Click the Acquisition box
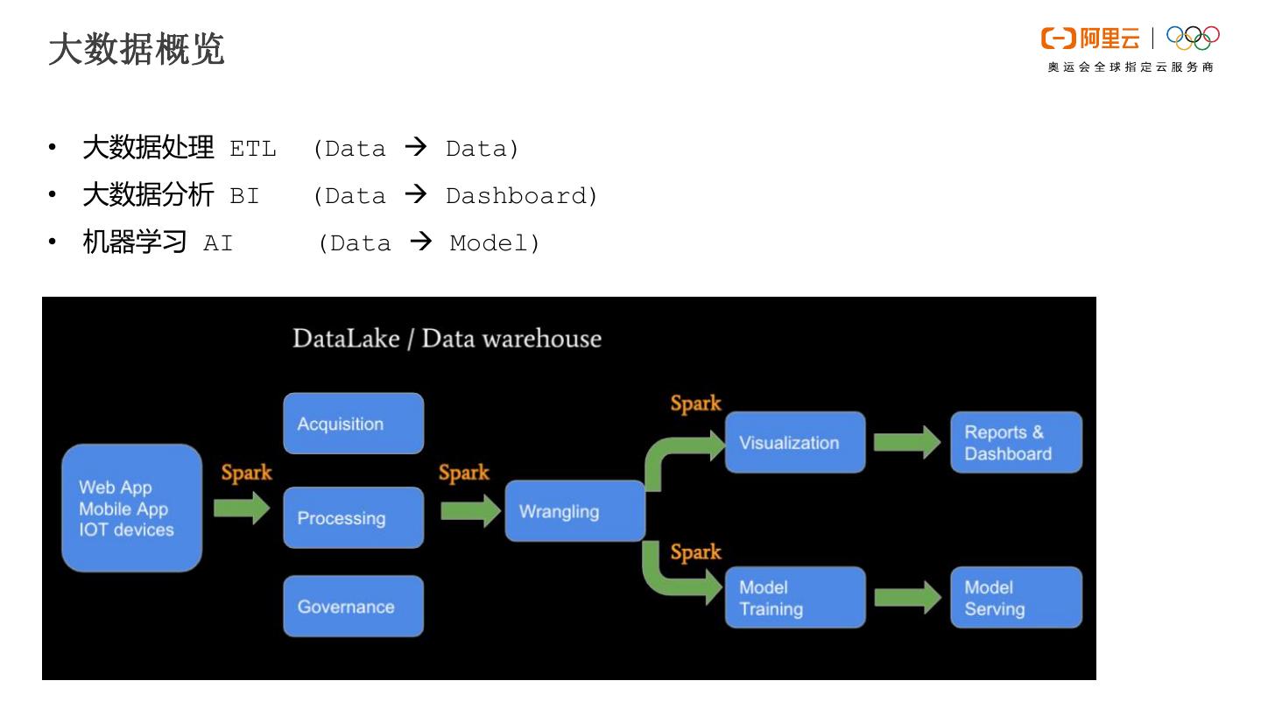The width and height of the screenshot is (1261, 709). [353, 424]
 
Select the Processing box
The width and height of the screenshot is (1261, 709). [353, 517]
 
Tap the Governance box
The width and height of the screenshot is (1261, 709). [353, 606]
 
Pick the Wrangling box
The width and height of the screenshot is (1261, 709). [574, 511]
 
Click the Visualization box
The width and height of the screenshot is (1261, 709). [794, 442]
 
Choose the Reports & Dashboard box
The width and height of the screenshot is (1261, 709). [1016, 442]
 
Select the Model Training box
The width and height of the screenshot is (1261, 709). [794, 598]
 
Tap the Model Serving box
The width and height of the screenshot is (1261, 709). [1016, 598]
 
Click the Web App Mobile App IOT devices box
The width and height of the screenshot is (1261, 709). [131, 508]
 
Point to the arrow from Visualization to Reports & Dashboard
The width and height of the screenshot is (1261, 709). [907, 442]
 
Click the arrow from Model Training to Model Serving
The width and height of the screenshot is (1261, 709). [907, 598]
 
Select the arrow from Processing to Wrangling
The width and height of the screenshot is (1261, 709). [470, 510]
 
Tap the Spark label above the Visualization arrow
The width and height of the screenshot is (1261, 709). [695, 404]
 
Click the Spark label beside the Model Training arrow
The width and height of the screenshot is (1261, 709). [695, 552]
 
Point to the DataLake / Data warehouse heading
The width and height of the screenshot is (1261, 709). [447, 339]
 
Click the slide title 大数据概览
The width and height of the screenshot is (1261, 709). [137, 49]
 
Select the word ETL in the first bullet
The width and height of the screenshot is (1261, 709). [253, 149]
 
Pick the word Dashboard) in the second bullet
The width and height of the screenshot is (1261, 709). [522, 196]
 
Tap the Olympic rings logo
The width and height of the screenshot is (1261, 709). [1193, 38]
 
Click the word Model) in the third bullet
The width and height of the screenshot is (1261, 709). [495, 243]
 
